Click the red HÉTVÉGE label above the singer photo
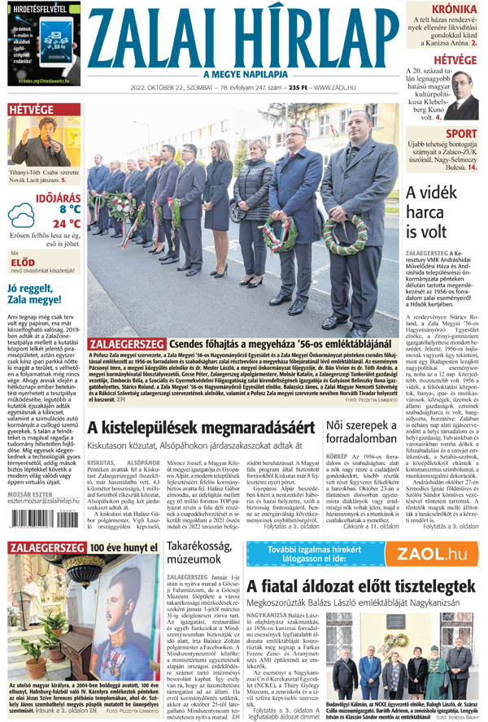tap(31, 109)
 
